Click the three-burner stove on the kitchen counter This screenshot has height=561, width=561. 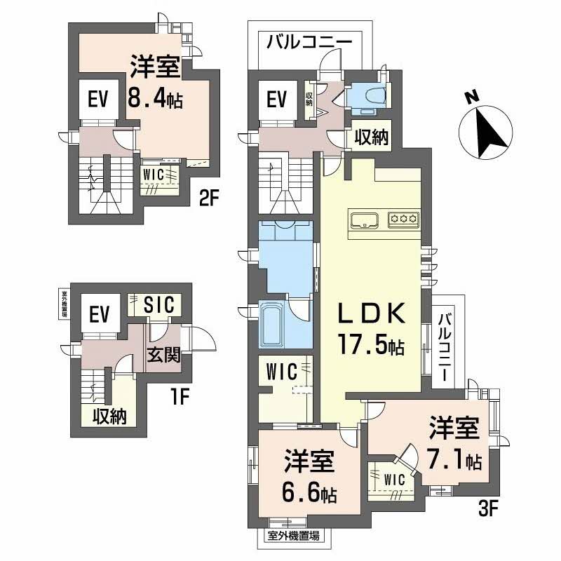pyautogui.click(x=404, y=219)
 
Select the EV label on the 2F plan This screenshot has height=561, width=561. pyautogui.click(x=97, y=100)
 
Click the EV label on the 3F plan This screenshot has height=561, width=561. pyautogui.click(x=278, y=100)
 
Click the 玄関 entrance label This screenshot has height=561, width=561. pyautogui.click(x=163, y=355)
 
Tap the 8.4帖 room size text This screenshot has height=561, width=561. pyautogui.click(x=154, y=100)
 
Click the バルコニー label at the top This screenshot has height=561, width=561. pyautogui.click(x=309, y=43)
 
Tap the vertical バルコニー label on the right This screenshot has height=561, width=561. pyautogui.click(x=445, y=347)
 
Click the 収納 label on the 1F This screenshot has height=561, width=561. pyautogui.click(x=109, y=416)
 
